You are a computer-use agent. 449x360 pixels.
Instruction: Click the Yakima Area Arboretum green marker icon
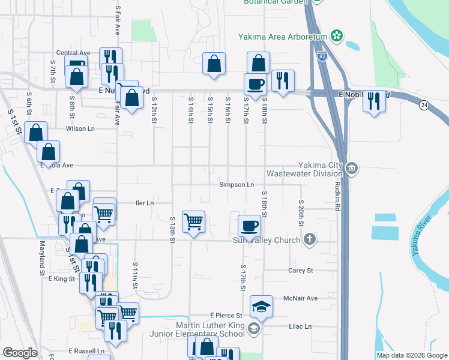[337, 37]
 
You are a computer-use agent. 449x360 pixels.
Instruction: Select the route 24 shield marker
[424, 106]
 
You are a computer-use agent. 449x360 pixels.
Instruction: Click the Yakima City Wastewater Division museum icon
[352, 168]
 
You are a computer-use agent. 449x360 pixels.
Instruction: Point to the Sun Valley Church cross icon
[309, 239]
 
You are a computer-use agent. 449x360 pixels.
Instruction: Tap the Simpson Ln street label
[237, 185]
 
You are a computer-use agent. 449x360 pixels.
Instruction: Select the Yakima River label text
[422, 238]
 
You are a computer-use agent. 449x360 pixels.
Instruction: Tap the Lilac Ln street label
[300, 326]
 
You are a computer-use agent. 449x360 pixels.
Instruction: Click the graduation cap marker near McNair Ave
[261, 306]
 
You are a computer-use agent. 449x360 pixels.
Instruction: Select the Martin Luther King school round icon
[253, 328]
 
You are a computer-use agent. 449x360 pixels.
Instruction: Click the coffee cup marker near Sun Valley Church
[250, 226]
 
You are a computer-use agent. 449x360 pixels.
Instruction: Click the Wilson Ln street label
[80, 128]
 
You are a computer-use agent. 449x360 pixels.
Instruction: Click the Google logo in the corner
[20, 353]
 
